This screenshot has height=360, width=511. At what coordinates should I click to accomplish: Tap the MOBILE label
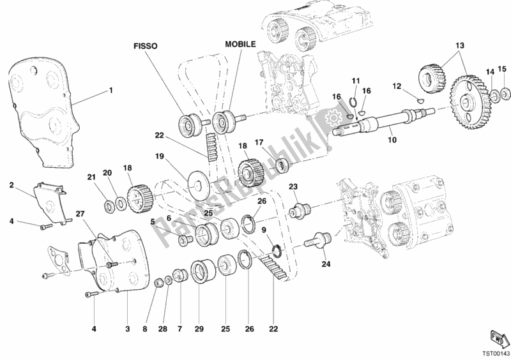(240, 45)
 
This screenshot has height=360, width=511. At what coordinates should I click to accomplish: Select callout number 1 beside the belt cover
(111, 90)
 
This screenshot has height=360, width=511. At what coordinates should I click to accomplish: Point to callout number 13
(459, 45)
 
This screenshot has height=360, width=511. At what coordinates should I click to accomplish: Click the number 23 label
(293, 186)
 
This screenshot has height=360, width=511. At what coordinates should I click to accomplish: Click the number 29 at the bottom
(199, 329)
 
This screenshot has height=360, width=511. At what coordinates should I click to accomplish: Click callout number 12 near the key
(396, 86)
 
